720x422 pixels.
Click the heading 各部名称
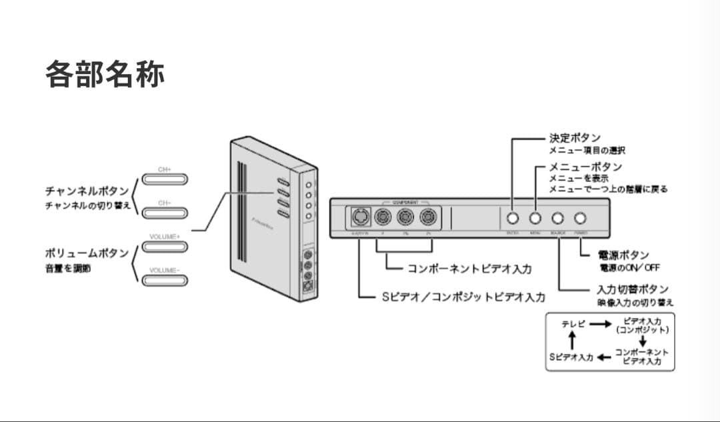105,74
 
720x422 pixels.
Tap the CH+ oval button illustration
165,179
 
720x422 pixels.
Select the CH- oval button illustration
165,213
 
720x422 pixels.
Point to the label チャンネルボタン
87,191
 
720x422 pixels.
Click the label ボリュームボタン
87,254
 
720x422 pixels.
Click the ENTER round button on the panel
512,218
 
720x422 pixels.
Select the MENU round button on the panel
535,218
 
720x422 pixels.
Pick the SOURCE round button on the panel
558,218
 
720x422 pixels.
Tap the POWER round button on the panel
581,218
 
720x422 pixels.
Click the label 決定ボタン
575,138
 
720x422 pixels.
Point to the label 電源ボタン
623,255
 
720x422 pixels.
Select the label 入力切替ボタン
632,290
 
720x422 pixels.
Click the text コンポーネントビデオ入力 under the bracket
469,269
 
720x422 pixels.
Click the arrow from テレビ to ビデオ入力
599,324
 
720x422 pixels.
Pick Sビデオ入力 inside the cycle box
571,357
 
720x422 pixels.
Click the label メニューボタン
585,166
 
